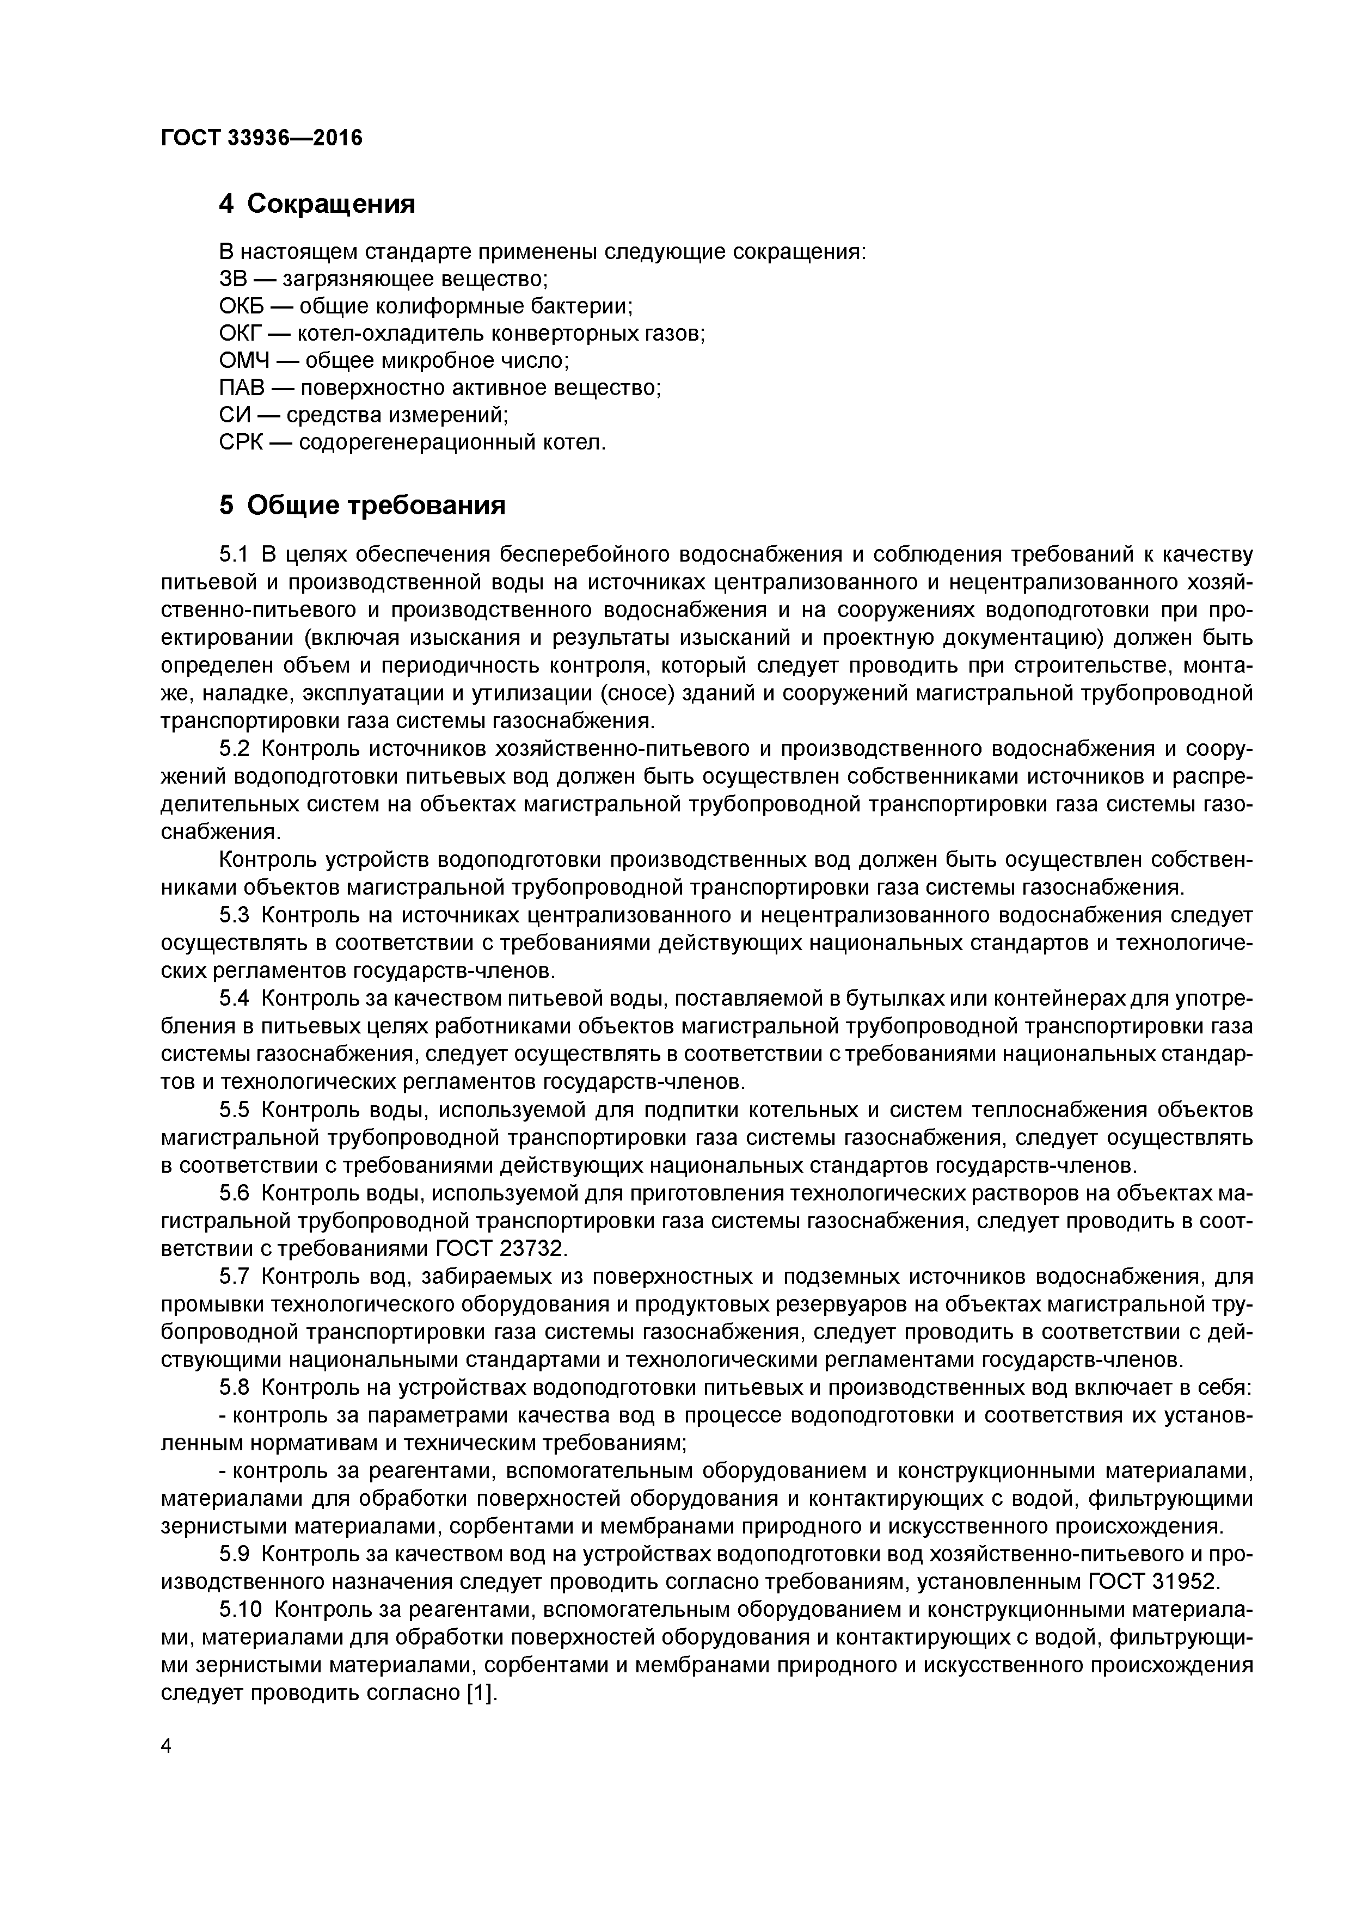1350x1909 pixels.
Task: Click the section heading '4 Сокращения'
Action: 317,203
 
